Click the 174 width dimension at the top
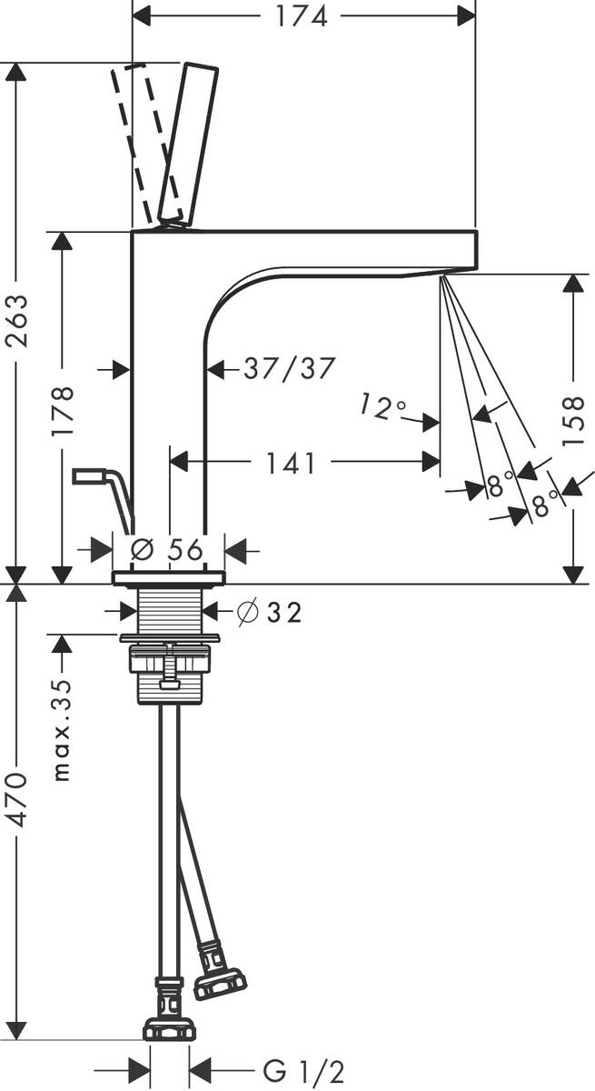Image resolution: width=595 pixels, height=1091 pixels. (302, 16)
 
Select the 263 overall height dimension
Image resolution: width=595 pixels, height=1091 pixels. (16, 320)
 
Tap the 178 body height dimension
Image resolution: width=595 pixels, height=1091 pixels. (63, 411)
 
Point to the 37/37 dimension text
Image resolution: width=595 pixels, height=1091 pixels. (290, 367)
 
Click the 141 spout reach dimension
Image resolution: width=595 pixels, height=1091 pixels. (291, 462)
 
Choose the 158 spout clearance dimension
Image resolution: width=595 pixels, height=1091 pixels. (573, 420)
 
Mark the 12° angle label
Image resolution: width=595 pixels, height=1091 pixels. (382, 406)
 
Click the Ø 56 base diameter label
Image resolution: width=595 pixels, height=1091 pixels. (167, 550)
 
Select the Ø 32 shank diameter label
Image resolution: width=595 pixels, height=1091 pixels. (270, 612)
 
